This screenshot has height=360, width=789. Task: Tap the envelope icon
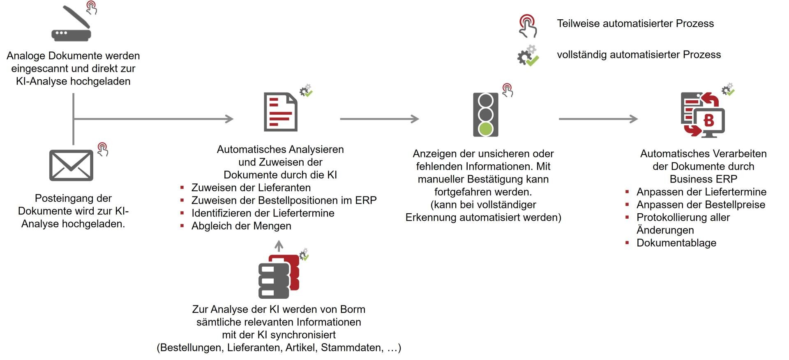click(x=71, y=165)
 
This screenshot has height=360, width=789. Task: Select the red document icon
click(x=280, y=112)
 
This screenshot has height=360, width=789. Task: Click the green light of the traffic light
click(x=486, y=129)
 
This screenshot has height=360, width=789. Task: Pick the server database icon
click(x=278, y=277)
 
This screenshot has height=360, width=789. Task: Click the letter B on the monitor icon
click(x=709, y=120)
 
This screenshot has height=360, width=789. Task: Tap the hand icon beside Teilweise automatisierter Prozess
click(x=528, y=26)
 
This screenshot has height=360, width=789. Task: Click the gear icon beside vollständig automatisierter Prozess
click(x=528, y=56)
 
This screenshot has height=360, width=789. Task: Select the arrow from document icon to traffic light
click(x=379, y=119)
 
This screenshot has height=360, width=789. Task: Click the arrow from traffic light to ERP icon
click(x=598, y=119)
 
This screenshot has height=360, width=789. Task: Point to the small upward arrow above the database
click(x=279, y=246)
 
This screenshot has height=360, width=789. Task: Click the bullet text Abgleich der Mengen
click(x=241, y=226)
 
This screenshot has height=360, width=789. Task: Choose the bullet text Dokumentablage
click(x=676, y=243)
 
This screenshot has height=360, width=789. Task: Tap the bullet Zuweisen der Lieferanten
click(x=251, y=188)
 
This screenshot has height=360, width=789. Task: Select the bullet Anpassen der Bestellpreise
click(x=701, y=205)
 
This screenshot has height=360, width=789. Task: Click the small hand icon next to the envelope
click(x=103, y=149)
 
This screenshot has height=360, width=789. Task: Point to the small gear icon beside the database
click(x=304, y=254)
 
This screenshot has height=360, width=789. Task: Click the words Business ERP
click(x=703, y=179)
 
